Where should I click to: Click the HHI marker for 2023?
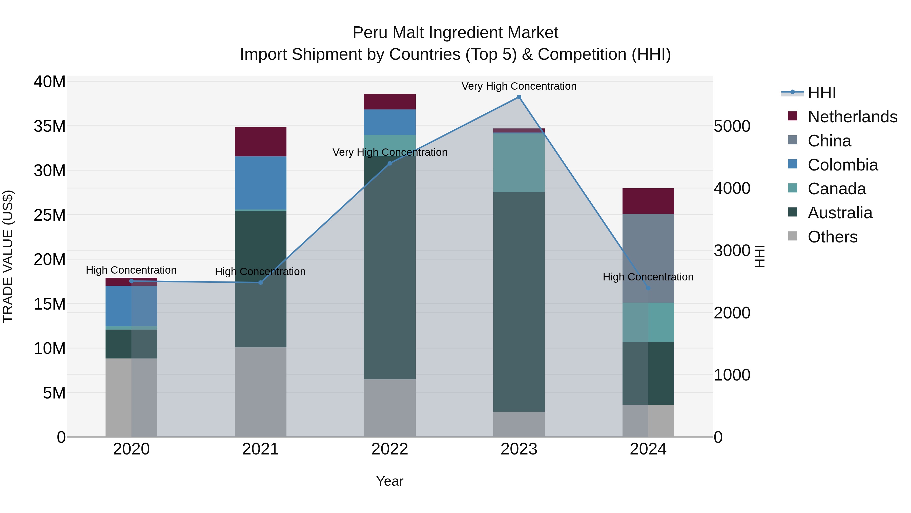[x=519, y=97]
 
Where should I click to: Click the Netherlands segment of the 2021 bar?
[x=261, y=142]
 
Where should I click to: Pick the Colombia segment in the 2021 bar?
[x=261, y=183]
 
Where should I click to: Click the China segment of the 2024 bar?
[x=648, y=258]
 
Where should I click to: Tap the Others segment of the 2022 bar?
[x=390, y=408]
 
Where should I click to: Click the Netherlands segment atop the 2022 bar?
[x=390, y=102]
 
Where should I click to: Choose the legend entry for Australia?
[x=840, y=213]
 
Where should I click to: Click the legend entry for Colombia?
[x=842, y=165]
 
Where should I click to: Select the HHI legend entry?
[x=821, y=93]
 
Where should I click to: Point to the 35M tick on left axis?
[x=50, y=126]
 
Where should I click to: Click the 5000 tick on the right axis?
[x=732, y=126]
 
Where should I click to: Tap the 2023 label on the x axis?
[x=519, y=449]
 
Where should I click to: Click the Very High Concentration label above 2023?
[x=519, y=86]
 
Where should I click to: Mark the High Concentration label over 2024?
[x=648, y=277]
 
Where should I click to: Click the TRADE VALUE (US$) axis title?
[x=8, y=256]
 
